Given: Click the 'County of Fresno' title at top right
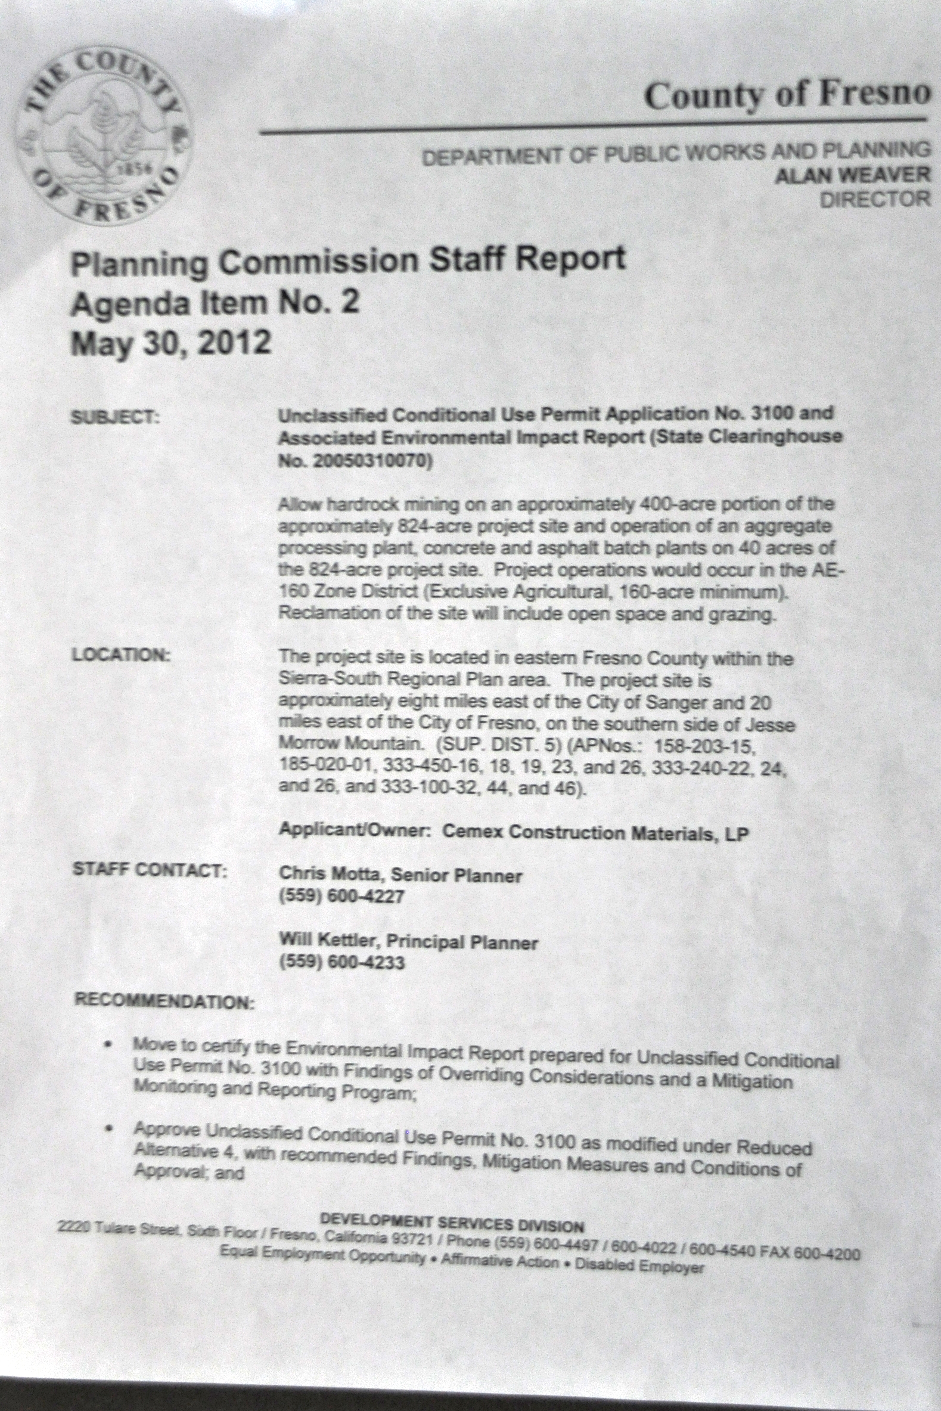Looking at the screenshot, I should coord(787,95).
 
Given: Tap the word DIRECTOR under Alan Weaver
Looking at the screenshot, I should coord(874,199).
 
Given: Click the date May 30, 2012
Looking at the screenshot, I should coord(171,343).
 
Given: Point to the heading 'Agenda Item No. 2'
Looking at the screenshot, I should coord(215,302).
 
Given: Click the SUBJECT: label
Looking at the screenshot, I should coord(115,416).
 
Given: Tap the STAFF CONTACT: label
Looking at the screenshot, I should coord(150,869).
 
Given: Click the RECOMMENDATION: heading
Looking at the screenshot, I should coord(165,1001).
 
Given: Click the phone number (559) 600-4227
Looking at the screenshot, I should coord(342,897).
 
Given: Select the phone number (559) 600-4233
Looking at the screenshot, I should coord(342,962).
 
